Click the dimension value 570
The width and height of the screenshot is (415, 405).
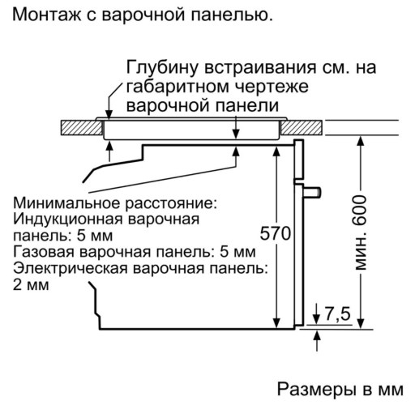coord(276,233)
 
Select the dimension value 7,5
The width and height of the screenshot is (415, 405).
coord(337,313)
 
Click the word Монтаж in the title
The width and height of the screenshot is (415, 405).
coord(46,15)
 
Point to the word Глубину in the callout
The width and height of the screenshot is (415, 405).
coord(162,68)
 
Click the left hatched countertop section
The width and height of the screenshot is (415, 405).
coord(81,128)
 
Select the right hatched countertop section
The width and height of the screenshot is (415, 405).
coord(302,127)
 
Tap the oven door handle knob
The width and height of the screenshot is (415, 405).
coord(312,192)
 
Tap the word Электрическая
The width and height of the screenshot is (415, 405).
coord(71,269)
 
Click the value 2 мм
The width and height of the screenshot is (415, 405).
coord(31,285)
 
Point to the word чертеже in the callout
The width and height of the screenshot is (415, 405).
coord(271,87)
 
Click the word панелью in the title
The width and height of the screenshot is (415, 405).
coord(232,15)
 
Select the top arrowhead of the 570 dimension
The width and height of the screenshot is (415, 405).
coord(276,152)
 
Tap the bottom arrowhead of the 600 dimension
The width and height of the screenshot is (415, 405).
coord(361,323)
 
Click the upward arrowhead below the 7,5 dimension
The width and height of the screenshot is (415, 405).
coord(317,336)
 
